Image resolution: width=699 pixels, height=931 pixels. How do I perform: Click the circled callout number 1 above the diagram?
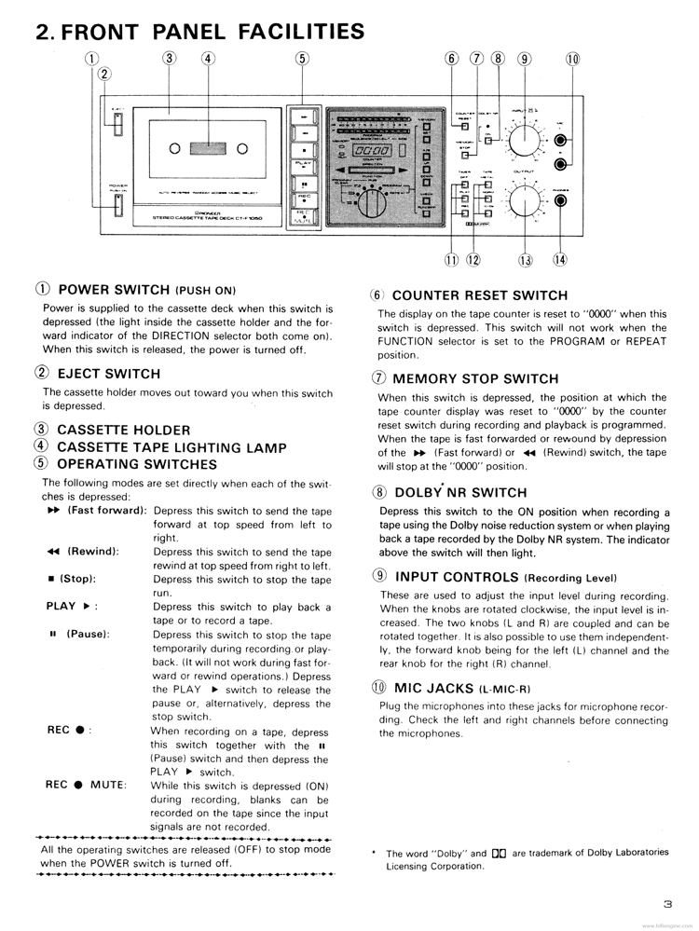(x=91, y=59)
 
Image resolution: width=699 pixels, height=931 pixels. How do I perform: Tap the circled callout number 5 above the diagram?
(x=302, y=59)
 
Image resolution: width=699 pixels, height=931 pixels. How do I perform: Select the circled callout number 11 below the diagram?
(x=452, y=260)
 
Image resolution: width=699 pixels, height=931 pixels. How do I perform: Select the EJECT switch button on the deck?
(x=118, y=124)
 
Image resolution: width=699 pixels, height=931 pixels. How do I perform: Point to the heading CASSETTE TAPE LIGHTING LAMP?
(x=171, y=447)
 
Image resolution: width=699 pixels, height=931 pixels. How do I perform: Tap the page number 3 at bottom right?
(x=667, y=903)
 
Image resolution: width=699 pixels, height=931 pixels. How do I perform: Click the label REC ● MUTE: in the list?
(x=86, y=785)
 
